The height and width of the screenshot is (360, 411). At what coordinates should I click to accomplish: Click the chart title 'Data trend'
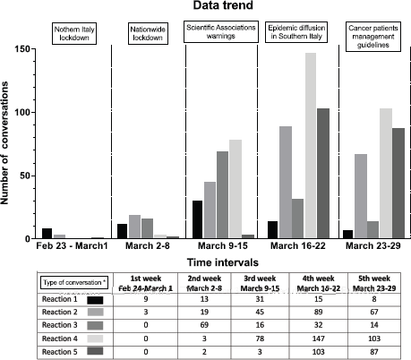[223, 5]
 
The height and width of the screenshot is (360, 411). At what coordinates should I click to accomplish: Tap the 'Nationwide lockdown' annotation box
[148, 33]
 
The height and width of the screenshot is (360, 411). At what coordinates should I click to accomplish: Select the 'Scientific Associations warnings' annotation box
[221, 31]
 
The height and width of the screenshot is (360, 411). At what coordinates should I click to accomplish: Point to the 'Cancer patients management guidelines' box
[373, 37]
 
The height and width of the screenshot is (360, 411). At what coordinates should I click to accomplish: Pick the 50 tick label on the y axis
[25, 176]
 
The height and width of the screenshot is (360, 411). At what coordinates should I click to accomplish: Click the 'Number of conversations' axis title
[4, 143]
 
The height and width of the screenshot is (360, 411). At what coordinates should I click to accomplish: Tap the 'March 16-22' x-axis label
[298, 245]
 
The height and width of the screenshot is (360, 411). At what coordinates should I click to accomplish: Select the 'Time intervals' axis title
[223, 262]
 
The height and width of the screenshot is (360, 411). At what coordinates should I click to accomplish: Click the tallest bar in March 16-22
[311, 146]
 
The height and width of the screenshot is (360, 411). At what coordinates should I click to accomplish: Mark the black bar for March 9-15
[197, 219]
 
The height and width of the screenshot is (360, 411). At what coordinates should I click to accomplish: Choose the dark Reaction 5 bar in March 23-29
[398, 184]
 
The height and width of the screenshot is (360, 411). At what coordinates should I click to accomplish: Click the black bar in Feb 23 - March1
[47, 234]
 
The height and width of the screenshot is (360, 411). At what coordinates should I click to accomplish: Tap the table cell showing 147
[319, 339]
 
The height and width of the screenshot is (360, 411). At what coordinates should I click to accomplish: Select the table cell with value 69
[204, 325]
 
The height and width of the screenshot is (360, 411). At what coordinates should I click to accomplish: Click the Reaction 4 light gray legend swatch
[95, 339]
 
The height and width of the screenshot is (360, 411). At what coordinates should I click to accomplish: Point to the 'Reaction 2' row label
[60, 312]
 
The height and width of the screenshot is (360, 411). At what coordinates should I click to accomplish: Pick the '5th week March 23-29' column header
[374, 283]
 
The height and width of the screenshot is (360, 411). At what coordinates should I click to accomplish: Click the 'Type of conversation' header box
[74, 282]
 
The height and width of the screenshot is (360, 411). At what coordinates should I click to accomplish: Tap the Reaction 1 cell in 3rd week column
[260, 299]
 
